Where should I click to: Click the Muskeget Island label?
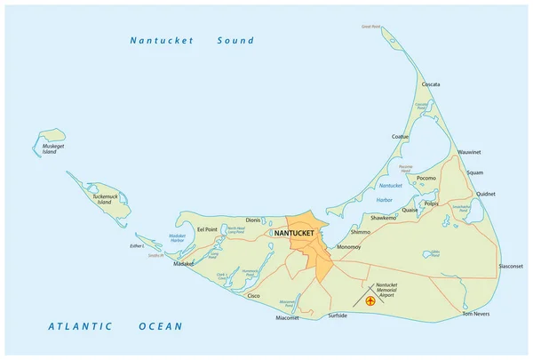point(50,148)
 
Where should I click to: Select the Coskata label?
point(431,85)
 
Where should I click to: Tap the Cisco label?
point(254,294)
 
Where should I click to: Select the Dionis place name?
point(253,219)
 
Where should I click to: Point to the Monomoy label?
point(349,247)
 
